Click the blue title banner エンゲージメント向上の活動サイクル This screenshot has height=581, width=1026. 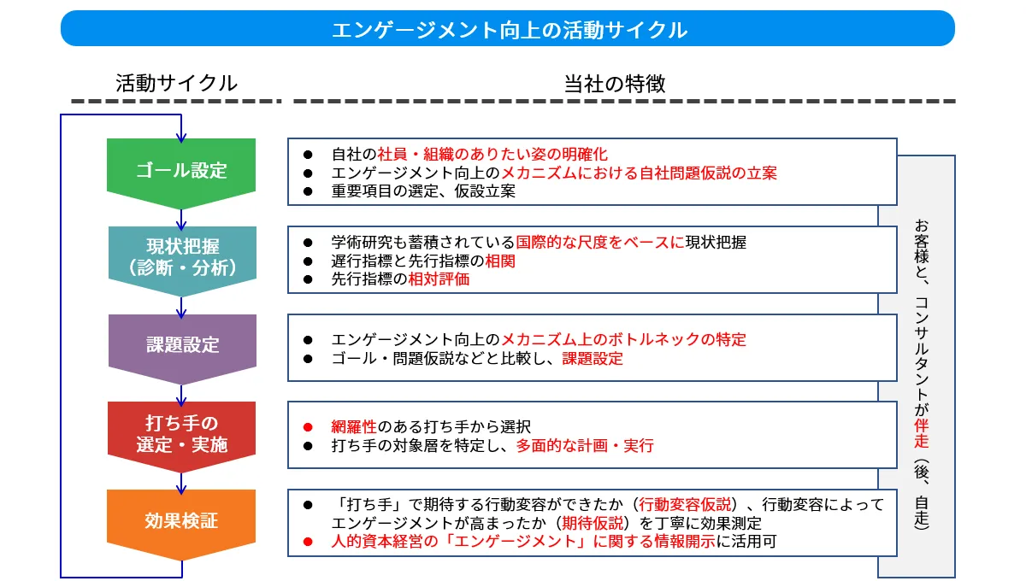pyautogui.click(x=508, y=28)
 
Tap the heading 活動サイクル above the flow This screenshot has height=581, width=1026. pyautogui.click(x=176, y=84)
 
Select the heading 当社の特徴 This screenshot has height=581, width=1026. pyautogui.click(x=615, y=84)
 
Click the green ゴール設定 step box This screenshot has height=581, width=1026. pyautogui.click(x=181, y=173)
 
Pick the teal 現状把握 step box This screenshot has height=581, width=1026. pyautogui.click(x=182, y=261)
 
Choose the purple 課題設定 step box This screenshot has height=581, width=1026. pyautogui.click(x=182, y=349)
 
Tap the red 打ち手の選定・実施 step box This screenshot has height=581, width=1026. pyautogui.click(x=182, y=437)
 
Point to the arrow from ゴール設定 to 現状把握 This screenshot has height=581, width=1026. pyautogui.click(x=181, y=220)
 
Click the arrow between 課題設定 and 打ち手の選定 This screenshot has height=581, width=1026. pyautogui.click(x=181, y=395)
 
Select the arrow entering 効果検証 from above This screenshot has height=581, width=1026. pyautogui.click(x=181, y=484)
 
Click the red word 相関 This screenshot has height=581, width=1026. pyautogui.click(x=500, y=261)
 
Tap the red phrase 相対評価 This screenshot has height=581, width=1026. pyautogui.click(x=439, y=279)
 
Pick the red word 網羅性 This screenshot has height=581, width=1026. pyautogui.click(x=354, y=427)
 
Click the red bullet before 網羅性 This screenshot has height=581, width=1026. pyautogui.click(x=308, y=427)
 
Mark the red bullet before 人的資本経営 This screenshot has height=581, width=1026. pyautogui.click(x=308, y=542)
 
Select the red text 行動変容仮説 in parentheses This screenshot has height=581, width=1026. pyautogui.click(x=685, y=505)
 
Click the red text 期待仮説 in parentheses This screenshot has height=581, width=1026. pyautogui.click(x=593, y=523)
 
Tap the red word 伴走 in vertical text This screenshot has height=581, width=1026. pyautogui.click(x=921, y=433)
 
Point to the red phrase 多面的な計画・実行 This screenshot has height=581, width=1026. pyautogui.click(x=585, y=445)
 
